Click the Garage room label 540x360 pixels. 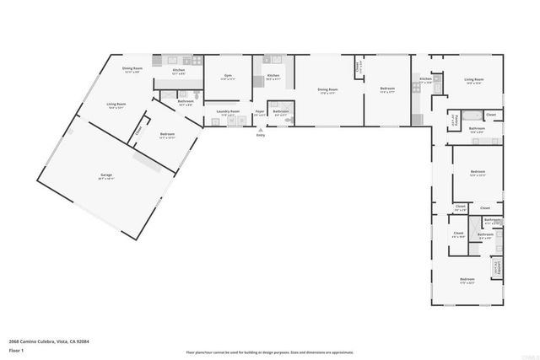click(105, 175)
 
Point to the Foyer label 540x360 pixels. click(260, 111)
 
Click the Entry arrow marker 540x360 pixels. click(260, 131)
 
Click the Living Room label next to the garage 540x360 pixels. click(116, 105)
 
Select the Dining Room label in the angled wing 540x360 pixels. click(132, 68)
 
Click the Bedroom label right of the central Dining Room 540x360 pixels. click(386, 89)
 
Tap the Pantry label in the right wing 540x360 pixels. click(454, 119)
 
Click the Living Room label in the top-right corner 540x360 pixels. click(473, 80)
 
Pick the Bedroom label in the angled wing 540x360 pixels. click(167, 134)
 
